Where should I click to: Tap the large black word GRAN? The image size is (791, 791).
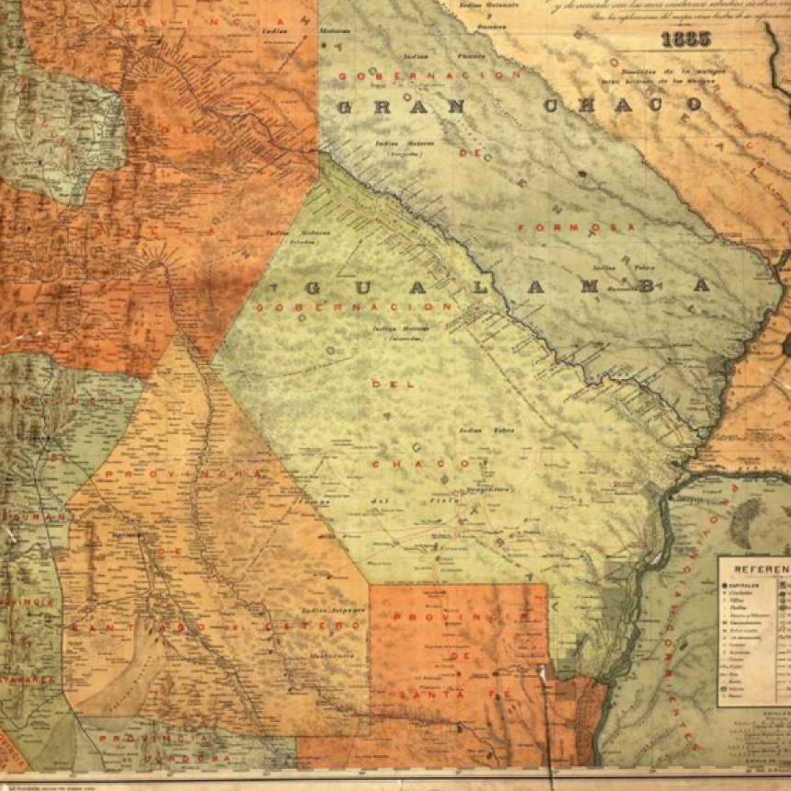[400, 107]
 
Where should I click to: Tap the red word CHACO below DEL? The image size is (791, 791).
[408, 464]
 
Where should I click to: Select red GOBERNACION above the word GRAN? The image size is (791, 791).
[422, 75]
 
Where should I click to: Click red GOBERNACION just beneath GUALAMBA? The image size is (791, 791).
[355, 306]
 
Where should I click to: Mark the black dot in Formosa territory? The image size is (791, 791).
[581, 172]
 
